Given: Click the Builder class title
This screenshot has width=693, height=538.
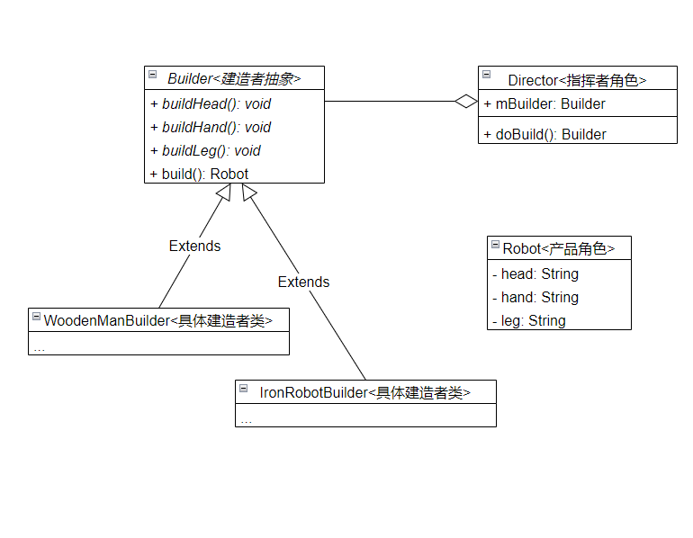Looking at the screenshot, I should pyautogui.click(x=234, y=79).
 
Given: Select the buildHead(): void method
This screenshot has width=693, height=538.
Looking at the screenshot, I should pyautogui.click(x=216, y=103).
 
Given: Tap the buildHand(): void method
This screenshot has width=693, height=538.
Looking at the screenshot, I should pyautogui.click(x=216, y=127).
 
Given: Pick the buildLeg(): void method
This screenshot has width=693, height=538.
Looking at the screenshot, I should pyautogui.click(x=211, y=150).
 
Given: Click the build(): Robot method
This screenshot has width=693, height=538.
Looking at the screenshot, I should pyautogui.click(x=204, y=174).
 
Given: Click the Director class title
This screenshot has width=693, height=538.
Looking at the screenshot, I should pyautogui.click(x=577, y=80).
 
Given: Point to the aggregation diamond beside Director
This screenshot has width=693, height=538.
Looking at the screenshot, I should pyautogui.click(x=466, y=102).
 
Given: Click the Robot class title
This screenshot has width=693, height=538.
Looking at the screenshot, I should pyautogui.click(x=559, y=249).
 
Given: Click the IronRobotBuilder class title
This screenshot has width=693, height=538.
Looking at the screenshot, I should pyautogui.click(x=364, y=392).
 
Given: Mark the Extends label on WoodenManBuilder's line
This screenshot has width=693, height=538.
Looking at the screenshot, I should pyautogui.click(x=194, y=246).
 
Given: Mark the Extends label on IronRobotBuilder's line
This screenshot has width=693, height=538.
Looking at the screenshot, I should pyautogui.click(x=303, y=282).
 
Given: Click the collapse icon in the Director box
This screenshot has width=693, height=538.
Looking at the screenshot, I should pyautogui.click(x=487, y=75).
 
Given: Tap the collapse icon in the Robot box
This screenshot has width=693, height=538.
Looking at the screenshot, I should pyautogui.click(x=495, y=244).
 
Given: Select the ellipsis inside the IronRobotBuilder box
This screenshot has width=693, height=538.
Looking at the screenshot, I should pyautogui.click(x=247, y=418).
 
